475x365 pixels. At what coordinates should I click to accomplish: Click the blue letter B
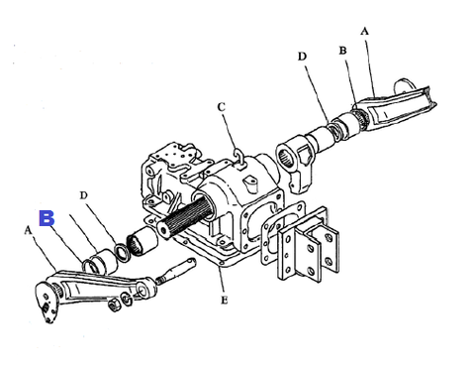(x=47, y=218)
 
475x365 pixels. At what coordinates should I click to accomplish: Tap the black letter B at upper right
(x=342, y=51)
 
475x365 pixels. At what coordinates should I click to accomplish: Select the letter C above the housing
(x=222, y=107)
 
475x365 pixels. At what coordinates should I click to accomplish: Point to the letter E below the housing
(x=224, y=301)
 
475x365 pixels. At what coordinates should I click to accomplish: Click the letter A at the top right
(x=364, y=31)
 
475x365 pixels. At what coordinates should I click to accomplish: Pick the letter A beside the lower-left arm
(x=28, y=230)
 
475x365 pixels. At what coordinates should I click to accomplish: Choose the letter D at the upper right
(x=302, y=57)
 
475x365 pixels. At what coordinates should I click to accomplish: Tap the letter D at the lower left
(x=84, y=195)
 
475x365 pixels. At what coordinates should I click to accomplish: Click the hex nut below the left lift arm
(x=114, y=304)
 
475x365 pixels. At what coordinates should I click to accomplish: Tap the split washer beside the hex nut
(x=127, y=299)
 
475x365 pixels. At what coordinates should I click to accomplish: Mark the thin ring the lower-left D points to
(x=121, y=251)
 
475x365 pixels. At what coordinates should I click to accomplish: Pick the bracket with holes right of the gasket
(x=308, y=245)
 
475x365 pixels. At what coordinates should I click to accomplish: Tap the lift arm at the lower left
(x=96, y=291)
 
